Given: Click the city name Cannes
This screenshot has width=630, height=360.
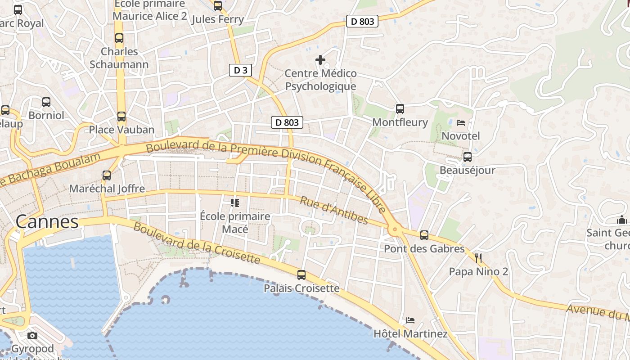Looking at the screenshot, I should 47,221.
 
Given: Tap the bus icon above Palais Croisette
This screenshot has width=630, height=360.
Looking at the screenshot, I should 301,274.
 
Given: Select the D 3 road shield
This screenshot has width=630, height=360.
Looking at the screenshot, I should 240,70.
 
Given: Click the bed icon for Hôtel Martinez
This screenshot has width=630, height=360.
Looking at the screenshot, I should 410,320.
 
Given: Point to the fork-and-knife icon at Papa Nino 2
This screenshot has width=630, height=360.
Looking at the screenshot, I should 478,258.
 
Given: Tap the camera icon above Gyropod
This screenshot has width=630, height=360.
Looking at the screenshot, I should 32,335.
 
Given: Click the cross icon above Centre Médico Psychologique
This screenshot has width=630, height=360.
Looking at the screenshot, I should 320,60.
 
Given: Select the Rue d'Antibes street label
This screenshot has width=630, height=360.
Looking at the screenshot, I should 334,210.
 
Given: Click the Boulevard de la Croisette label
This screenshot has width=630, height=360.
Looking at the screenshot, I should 197,243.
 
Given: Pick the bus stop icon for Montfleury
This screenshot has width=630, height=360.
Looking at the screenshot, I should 400,109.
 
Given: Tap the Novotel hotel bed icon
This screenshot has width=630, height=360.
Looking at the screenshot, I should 461,122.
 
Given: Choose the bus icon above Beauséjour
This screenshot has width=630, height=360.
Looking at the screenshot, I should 468,157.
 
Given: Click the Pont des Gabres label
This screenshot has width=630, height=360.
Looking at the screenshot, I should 424,248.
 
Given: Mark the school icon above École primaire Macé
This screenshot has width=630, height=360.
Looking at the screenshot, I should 234,203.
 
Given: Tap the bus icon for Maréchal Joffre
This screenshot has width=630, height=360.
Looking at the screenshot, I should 107,175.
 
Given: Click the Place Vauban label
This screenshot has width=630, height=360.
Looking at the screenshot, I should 121,130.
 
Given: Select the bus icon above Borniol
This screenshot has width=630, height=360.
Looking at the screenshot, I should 46,102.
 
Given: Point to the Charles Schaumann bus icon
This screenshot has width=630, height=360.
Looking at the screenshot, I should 119,38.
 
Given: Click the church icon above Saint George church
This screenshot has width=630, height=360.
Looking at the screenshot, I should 622,220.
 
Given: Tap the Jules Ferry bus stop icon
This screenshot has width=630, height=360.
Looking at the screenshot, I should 218,6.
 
